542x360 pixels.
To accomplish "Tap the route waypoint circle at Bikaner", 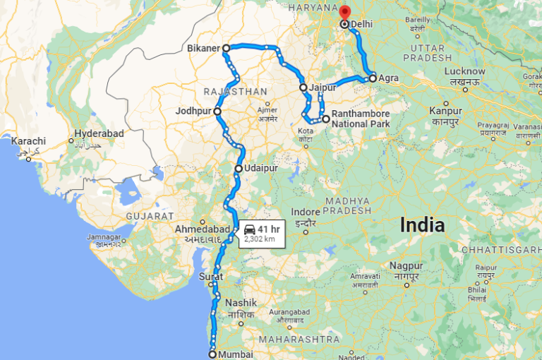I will [226, 49].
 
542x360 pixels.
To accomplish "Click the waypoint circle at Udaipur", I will [239, 169].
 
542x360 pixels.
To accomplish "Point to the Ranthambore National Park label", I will [361, 118].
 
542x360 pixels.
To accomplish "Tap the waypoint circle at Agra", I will [373, 78].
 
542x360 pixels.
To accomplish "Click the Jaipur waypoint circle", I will [303, 88].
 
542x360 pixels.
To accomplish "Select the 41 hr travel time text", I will [269, 229].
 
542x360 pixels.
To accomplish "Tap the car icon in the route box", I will [250, 229].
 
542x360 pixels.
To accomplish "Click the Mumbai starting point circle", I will [212, 354].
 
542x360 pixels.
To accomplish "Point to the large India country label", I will [422, 225].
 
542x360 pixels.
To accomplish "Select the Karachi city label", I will [28, 141].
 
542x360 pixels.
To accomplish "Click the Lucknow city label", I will [464, 71].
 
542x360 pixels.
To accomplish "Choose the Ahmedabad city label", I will [203, 229].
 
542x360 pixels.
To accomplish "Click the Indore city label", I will [305, 212].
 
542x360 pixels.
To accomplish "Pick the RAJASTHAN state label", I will [235, 92].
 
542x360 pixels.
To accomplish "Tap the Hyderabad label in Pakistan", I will [100, 133].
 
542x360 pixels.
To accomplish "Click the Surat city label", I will [211, 276].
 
